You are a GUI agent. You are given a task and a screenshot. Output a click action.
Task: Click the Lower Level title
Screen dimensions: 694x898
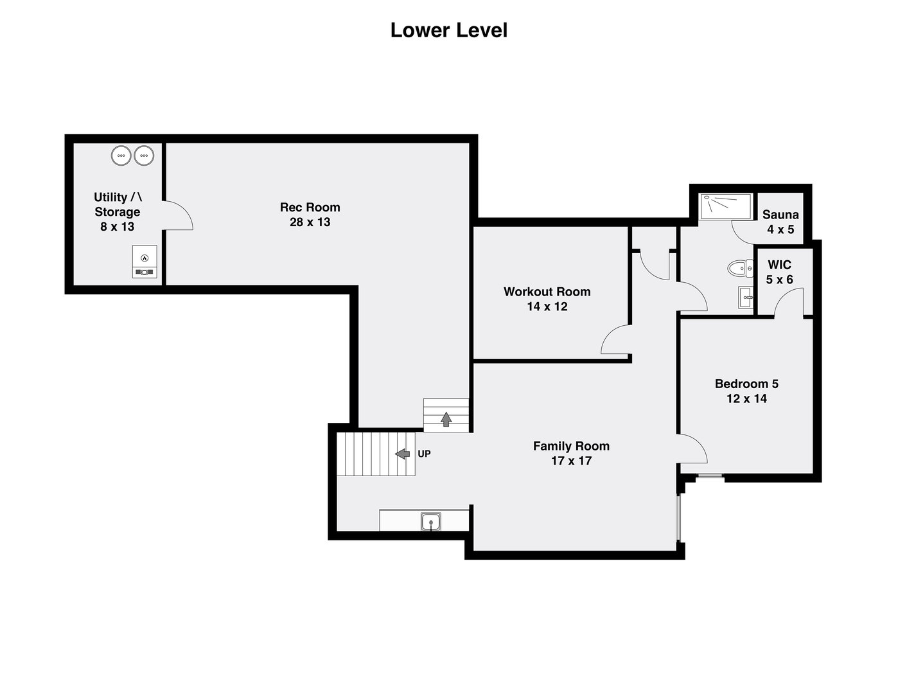pyautogui.click(x=448, y=30)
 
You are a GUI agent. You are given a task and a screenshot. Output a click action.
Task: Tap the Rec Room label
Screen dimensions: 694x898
pyautogui.click(x=310, y=207)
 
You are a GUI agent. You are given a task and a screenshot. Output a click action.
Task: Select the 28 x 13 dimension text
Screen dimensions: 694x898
pyautogui.click(x=310, y=222)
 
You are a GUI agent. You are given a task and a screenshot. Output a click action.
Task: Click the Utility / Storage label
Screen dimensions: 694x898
pyautogui.click(x=118, y=204)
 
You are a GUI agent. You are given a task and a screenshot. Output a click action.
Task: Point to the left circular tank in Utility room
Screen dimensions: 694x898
pyautogui.click(x=121, y=155)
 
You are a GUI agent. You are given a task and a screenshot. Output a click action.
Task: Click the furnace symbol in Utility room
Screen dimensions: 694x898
pyautogui.click(x=145, y=262)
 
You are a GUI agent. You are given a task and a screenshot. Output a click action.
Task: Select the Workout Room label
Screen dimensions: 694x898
pyautogui.click(x=547, y=292)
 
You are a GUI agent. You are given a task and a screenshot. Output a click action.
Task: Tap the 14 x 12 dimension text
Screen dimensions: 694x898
pyautogui.click(x=547, y=307)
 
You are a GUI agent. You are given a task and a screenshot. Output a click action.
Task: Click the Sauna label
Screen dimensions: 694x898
pyautogui.click(x=780, y=215)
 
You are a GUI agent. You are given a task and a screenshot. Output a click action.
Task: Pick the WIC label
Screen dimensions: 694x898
pyautogui.click(x=779, y=265)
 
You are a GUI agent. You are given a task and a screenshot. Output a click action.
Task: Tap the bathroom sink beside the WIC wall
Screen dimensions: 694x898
pyautogui.click(x=746, y=298)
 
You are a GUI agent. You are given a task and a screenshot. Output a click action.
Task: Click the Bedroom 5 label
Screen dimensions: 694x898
pyautogui.click(x=746, y=384)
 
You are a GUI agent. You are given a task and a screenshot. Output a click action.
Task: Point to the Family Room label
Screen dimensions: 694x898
pyautogui.click(x=571, y=446)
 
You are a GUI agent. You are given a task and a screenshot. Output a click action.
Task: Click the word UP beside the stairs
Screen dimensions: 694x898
pyautogui.click(x=424, y=454)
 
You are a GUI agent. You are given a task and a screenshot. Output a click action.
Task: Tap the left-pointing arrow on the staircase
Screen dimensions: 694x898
pyautogui.click(x=402, y=454)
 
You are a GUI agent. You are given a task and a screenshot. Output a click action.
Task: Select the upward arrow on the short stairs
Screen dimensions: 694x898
pyautogui.click(x=446, y=419)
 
